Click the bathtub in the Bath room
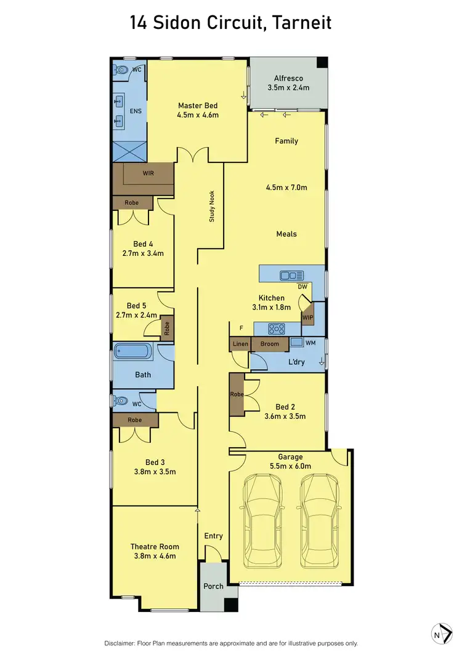point(132,353)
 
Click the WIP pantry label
point(307,317)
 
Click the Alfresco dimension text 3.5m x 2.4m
point(288,88)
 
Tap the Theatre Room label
point(155,546)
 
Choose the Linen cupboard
point(240,344)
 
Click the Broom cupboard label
point(269,344)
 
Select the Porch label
point(213,586)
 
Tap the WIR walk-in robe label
point(148,173)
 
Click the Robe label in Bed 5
point(166,328)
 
